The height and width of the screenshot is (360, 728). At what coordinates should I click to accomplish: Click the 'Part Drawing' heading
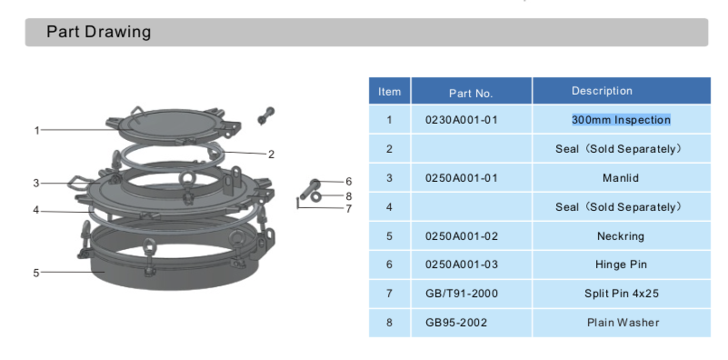(99, 33)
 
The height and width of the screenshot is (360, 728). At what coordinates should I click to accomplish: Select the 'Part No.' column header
(471, 93)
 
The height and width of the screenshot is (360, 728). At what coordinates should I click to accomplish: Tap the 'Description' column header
(602, 92)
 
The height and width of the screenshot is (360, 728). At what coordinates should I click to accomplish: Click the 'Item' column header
(389, 92)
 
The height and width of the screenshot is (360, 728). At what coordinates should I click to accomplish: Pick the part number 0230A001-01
(462, 120)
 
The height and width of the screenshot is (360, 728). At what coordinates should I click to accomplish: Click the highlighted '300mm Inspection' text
(621, 120)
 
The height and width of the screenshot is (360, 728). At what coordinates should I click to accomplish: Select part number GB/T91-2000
(462, 294)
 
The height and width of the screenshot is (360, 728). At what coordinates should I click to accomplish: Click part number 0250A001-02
(462, 236)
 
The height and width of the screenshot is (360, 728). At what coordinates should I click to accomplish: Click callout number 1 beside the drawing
(36, 130)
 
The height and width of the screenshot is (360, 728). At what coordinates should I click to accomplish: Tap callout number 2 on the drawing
(270, 154)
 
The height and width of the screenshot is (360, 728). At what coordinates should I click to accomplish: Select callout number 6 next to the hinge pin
(348, 182)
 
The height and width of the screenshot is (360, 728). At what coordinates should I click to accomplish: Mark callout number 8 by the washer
(348, 195)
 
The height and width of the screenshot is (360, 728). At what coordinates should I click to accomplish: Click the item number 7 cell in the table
(389, 294)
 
